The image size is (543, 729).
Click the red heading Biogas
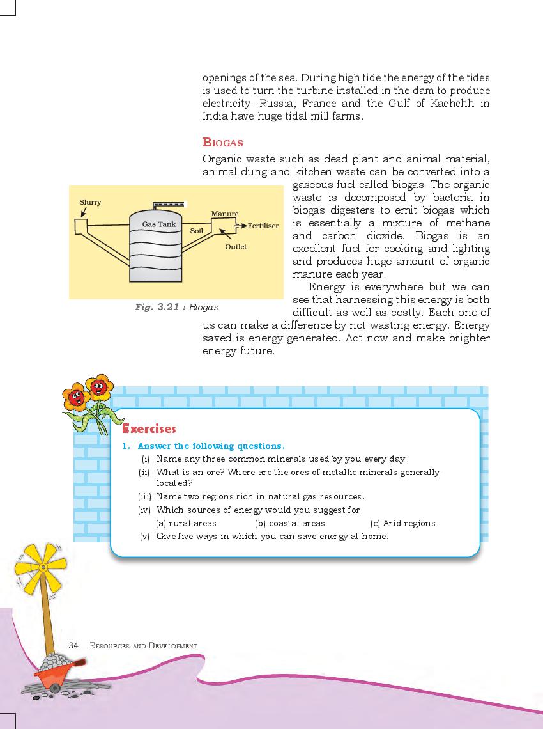222,142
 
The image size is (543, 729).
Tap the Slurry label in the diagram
90,202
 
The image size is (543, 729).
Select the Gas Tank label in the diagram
158,224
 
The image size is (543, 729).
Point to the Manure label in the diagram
224,214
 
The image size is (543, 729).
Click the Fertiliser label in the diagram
263,226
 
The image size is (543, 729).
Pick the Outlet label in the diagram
236,246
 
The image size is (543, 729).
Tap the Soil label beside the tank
196,230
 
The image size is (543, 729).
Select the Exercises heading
149,428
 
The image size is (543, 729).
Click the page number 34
73,645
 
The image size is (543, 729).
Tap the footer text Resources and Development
144,646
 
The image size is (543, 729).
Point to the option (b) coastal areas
290,523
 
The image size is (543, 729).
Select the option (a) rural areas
186,523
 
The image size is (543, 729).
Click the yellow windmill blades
41,567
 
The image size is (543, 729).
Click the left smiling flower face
75,396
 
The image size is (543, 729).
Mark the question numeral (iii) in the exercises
144,496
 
